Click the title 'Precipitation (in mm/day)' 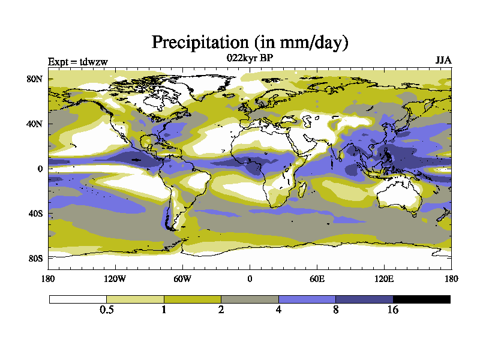250,43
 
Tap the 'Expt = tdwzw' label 77,61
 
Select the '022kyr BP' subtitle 250,58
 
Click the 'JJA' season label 443,61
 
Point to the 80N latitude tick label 35,79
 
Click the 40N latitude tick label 35,124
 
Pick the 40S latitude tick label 35,214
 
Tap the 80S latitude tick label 35,258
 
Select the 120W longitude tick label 115,278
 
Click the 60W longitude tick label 182,278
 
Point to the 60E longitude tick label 317,278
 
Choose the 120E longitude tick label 384,278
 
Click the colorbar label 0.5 107,310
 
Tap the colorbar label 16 393,310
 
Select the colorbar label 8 336,310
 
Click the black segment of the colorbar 421,299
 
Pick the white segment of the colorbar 78,299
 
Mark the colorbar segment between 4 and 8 307,299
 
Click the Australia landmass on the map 396,195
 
